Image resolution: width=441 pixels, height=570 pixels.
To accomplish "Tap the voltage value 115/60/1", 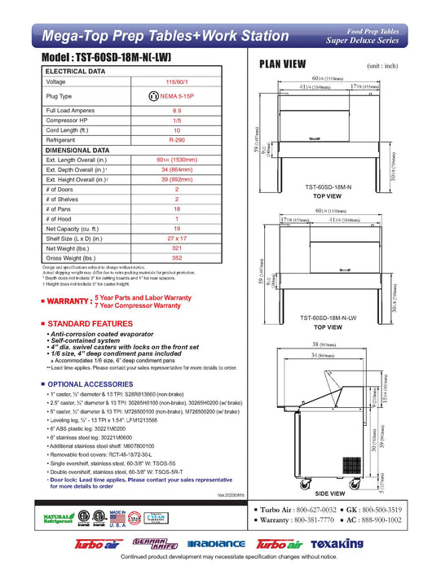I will click(177, 82).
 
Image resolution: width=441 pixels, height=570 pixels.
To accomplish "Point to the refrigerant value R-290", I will click(177, 140).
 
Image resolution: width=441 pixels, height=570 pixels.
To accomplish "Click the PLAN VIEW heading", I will click(283, 64).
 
